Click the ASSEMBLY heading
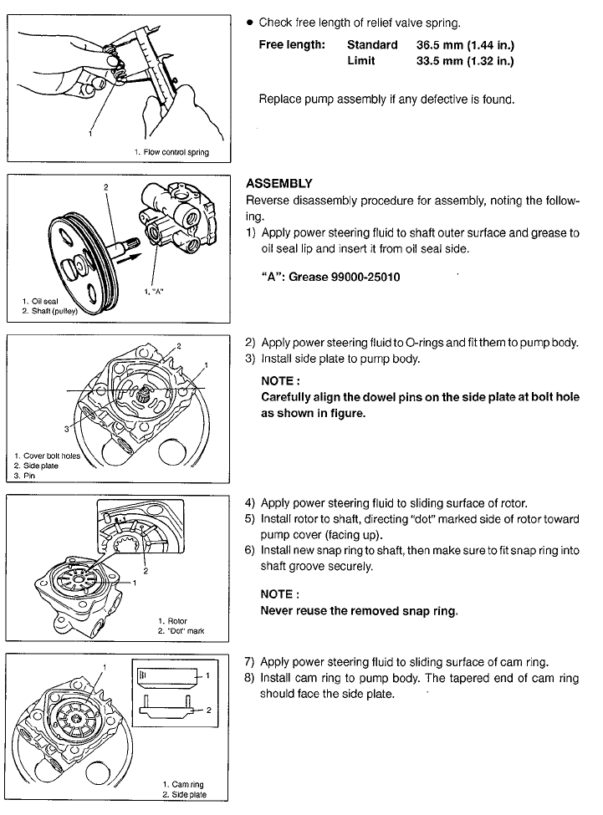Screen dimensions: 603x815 [x=279, y=183]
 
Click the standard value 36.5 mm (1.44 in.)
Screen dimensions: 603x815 [x=465, y=45]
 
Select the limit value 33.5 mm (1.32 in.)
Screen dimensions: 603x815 [x=465, y=61]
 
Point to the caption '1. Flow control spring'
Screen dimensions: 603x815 [x=171, y=152]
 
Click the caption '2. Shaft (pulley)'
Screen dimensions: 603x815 [x=50, y=311]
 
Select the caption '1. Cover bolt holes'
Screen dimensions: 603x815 [x=48, y=456]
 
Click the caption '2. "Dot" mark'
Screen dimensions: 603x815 [x=181, y=631]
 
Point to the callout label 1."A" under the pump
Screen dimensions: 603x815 [x=154, y=292]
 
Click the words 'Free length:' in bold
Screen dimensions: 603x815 [x=292, y=45]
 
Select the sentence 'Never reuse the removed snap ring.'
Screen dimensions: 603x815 [x=359, y=611]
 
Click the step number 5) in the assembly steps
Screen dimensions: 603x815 [x=250, y=519]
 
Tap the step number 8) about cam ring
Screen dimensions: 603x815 [x=249, y=678]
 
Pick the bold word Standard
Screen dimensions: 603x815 [x=372, y=45]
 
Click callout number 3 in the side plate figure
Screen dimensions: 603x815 [x=67, y=429]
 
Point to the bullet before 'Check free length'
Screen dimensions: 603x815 [x=249, y=23]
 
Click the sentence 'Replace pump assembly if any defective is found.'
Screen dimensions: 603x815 [x=386, y=99]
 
